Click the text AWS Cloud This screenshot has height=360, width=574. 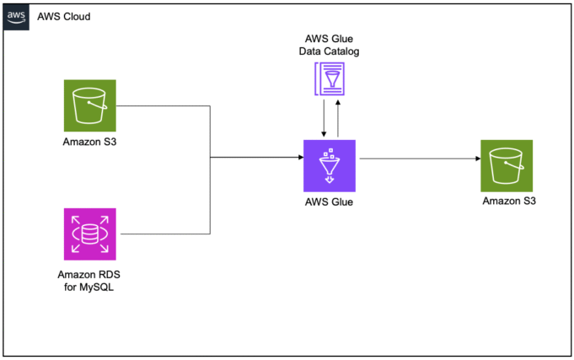click(64, 17)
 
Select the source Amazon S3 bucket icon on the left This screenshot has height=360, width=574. click(90, 105)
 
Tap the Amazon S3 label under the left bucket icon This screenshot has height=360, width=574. click(89, 141)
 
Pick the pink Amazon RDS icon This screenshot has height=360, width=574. click(90, 234)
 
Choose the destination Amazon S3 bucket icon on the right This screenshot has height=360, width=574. click(506, 165)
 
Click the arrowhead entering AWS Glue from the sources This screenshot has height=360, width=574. click(298, 158)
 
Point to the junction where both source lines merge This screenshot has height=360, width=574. click(210, 158)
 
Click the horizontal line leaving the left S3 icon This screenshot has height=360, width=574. click(164, 106)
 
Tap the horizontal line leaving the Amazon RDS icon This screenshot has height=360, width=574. click(164, 234)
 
